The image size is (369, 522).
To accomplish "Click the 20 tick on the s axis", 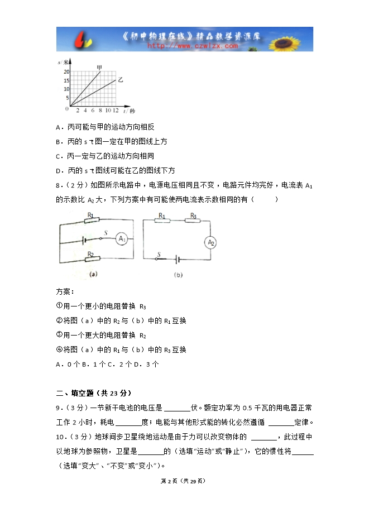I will [66, 72].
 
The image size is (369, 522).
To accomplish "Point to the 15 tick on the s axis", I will [66, 80].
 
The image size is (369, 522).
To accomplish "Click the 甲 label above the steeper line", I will [99, 68].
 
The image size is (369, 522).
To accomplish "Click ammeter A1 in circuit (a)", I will [122, 239].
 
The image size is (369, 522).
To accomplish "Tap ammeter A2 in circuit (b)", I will [210, 242].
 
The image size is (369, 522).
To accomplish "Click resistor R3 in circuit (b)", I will [193, 221].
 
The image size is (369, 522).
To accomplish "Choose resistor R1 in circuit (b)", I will [162, 221].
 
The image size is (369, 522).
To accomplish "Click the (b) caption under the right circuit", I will [178, 275].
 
